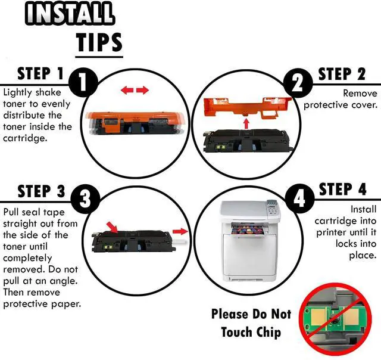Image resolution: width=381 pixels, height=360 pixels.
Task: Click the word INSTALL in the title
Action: coord(70,13)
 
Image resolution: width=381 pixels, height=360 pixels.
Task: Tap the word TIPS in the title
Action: coord(99,42)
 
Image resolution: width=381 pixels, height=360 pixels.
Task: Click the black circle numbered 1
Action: coord(83,82)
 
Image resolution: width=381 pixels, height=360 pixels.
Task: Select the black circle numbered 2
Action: coord(298,83)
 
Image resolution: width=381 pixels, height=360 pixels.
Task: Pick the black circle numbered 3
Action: coord(85,199)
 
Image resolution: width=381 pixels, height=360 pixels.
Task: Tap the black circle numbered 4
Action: coord(299,198)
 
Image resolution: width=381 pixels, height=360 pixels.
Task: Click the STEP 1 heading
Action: coord(40,74)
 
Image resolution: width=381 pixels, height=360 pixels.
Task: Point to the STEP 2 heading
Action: coord(342,74)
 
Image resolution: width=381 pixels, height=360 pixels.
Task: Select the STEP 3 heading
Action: coord(41,191)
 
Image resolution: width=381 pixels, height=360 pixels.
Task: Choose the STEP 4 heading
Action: coord(342,190)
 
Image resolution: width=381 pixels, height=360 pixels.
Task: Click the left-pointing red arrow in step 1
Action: coord(127,90)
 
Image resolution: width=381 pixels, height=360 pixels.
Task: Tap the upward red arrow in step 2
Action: coord(246,123)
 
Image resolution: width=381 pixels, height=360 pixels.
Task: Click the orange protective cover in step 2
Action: coord(247,107)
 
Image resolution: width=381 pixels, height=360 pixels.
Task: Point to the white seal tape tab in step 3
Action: coord(180,242)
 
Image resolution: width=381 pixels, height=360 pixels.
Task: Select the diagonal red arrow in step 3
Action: coord(113,227)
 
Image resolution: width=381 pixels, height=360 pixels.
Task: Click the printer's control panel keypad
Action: coord(272,209)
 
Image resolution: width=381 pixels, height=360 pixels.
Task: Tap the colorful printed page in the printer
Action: coord(248,230)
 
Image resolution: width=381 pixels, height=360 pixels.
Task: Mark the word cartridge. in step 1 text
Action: coord(25,138)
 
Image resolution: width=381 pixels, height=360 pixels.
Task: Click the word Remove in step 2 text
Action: coord(360,93)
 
